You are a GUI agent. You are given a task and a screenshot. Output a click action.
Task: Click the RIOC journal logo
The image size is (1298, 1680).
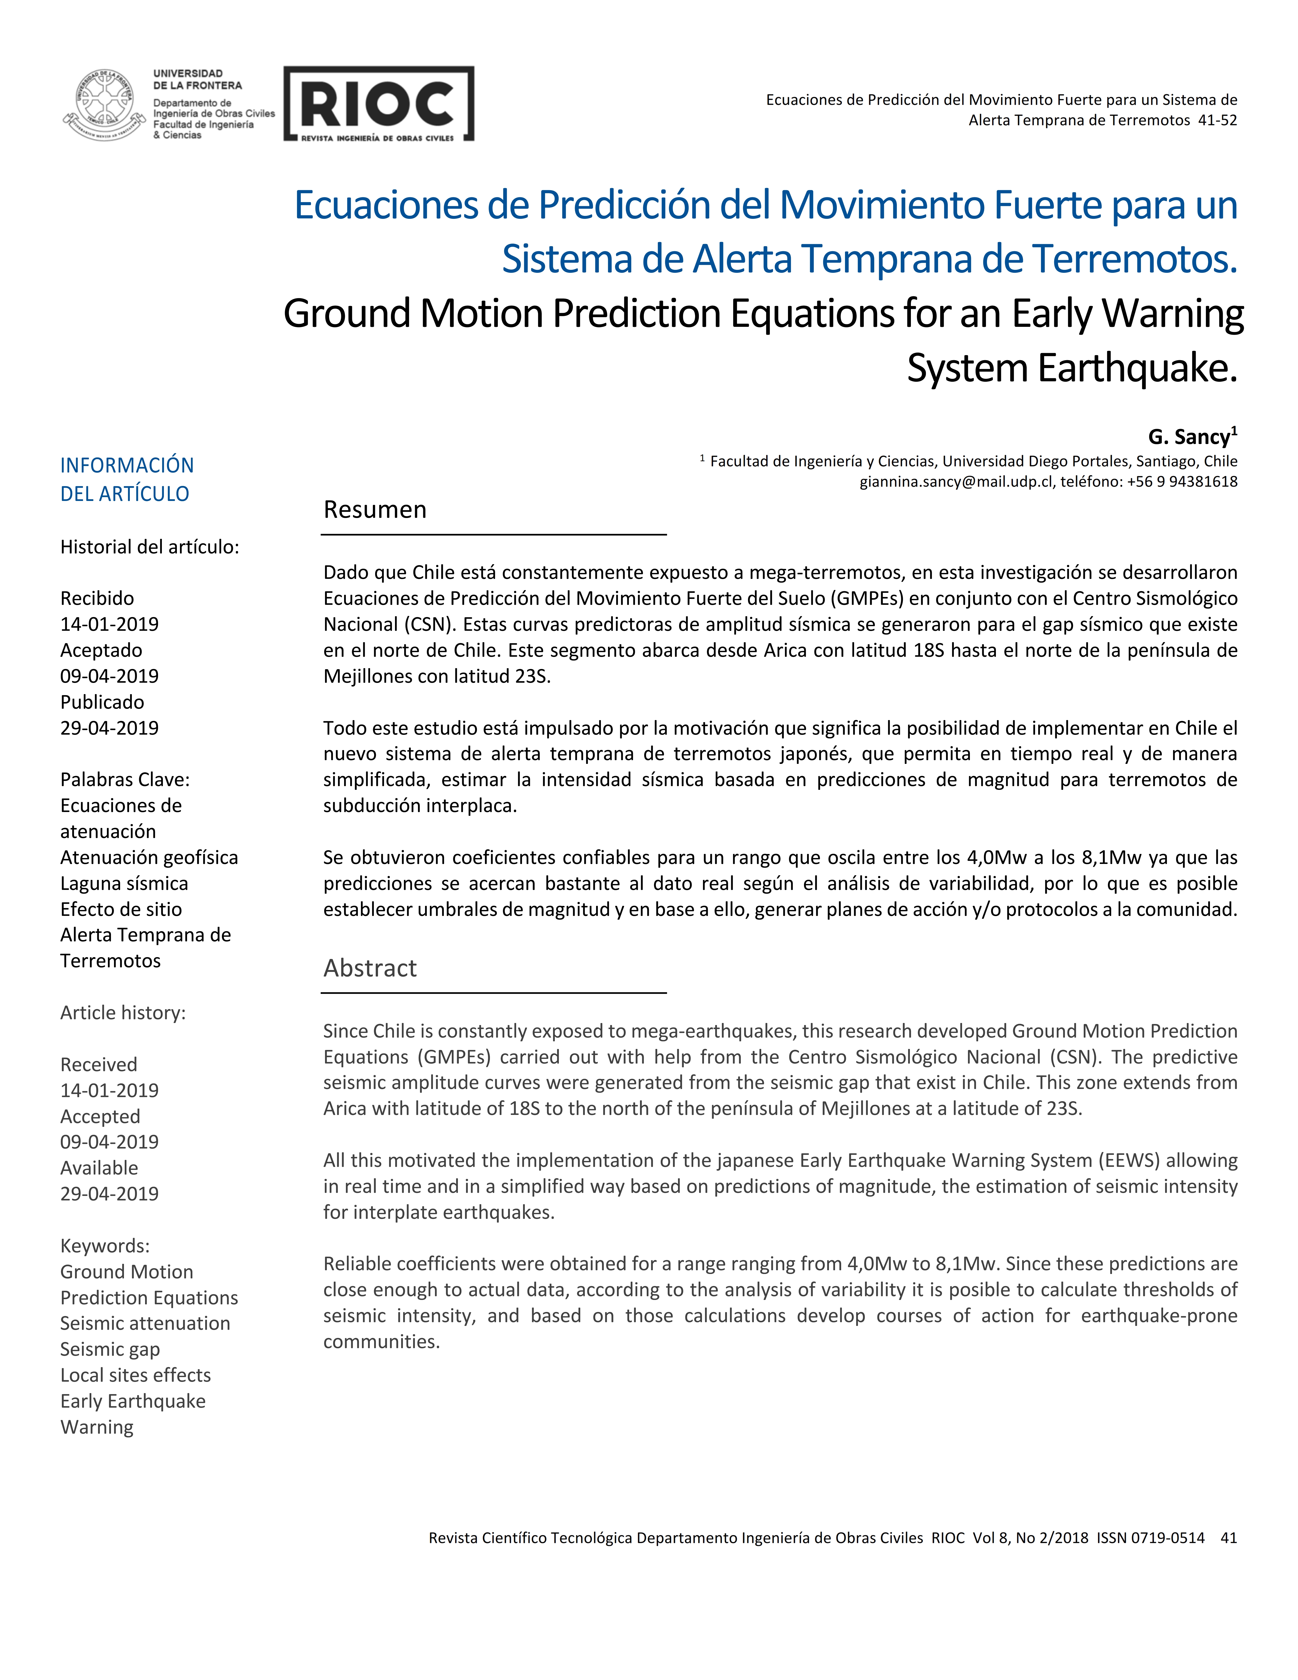pos(378,104)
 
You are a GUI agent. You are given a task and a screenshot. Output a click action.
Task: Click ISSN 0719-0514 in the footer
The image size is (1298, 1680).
pos(1150,1538)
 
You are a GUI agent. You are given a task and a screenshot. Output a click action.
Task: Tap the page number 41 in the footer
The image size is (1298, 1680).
pos(1228,1538)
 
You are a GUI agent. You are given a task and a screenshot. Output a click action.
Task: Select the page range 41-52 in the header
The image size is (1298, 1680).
pos(1217,120)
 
